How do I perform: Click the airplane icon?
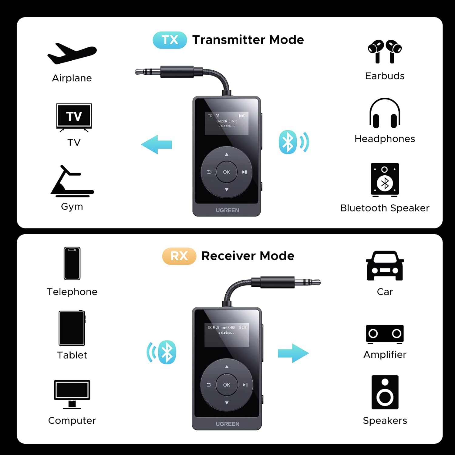pos(72,54)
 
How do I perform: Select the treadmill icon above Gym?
pos(72,181)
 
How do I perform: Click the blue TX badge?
pos(170,40)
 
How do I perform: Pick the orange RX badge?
pos(179,256)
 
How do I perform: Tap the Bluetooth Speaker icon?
pos(385,180)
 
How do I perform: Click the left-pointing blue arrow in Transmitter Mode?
pos(157,144)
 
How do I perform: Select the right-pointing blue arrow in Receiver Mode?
pos(293,353)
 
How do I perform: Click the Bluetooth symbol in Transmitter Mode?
pos(288,142)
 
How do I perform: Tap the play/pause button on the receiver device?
pos(245,385)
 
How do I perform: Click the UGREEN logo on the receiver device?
pos(227,424)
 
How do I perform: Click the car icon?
pos(385,266)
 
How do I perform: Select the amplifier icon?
pos(385,334)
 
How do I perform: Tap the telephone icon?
pos(72,263)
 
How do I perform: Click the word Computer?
pos(72,420)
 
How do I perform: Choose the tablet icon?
pos(72,328)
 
